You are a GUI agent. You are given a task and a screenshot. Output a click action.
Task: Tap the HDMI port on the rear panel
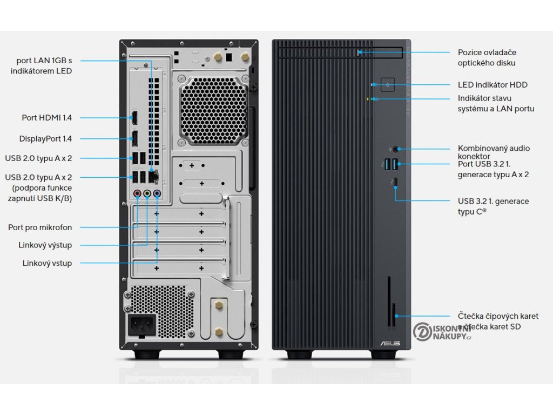(x=134, y=117)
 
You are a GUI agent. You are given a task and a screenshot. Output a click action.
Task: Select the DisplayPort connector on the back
(x=134, y=138)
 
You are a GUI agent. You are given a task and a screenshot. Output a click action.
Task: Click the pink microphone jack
(x=137, y=192)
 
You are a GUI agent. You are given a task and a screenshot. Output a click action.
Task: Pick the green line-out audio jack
(x=147, y=192)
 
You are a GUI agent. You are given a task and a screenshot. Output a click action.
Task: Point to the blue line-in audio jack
(x=157, y=192)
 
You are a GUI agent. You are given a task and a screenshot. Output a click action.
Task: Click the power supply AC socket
(x=141, y=325)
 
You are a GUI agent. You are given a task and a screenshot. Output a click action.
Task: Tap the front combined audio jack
(x=399, y=148)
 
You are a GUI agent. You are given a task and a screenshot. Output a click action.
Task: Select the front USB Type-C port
(x=396, y=181)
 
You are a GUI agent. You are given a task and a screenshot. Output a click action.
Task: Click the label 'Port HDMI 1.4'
(x=47, y=117)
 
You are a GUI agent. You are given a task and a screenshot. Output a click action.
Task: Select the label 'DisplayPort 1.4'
(x=45, y=139)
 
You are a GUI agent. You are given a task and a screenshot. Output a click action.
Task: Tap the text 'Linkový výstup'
(x=45, y=245)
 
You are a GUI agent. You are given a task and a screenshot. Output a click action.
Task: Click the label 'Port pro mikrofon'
(x=40, y=227)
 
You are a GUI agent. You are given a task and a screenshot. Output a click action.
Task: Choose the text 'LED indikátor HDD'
(x=493, y=85)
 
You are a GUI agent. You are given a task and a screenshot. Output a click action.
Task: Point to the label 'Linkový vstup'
(x=47, y=263)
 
